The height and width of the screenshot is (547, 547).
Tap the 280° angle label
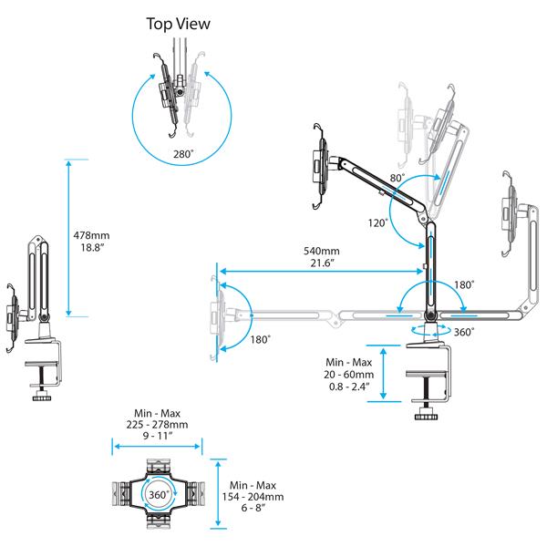(x=183, y=155)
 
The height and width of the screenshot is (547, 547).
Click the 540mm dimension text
(x=322, y=251)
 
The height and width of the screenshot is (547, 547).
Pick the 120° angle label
(x=378, y=222)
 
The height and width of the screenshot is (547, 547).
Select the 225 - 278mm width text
(x=156, y=424)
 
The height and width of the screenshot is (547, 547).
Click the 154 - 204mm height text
(x=256, y=497)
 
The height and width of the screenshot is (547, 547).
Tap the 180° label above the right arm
(x=463, y=284)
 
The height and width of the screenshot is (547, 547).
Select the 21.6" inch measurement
(x=322, y=263)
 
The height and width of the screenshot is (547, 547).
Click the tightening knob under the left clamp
(x=40, y=397)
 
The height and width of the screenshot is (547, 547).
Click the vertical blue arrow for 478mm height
(x=67, y=236)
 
